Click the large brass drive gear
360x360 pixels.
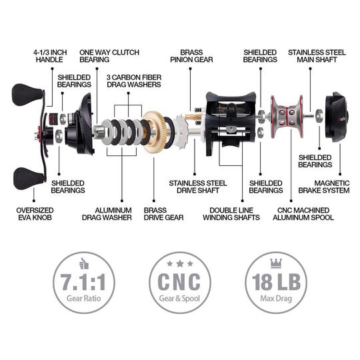(158, 131)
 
